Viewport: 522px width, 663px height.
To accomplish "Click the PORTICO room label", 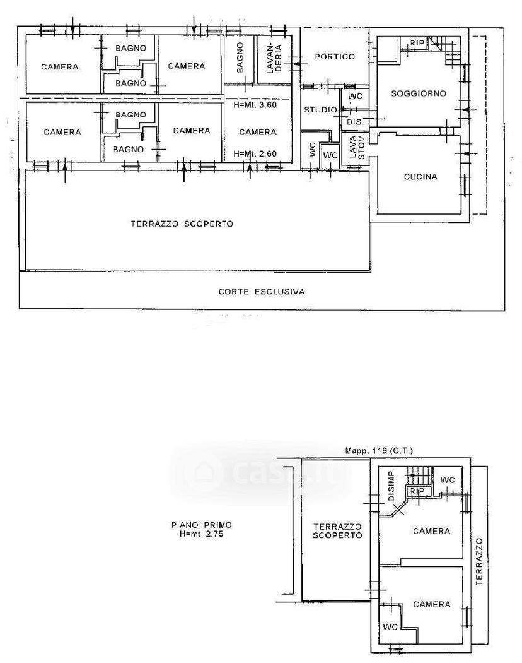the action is point(335,56).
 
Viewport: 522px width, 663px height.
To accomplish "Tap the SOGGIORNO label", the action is point(419,93).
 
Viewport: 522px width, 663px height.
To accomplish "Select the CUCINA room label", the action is point(420,177).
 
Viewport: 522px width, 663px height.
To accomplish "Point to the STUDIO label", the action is point(320,109).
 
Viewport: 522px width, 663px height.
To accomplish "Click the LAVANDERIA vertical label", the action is point(274,58).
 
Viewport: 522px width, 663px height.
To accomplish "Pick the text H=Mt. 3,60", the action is point(255,104).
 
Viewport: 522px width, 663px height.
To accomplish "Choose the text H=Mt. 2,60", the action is point(255,153).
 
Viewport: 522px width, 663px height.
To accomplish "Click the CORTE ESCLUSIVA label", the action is point(262,291).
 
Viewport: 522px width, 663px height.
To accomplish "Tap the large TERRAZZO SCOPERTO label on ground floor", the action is point(182,224).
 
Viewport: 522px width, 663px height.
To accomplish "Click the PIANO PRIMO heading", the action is point(202,525).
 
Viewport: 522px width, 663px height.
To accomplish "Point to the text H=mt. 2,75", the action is point(202,534).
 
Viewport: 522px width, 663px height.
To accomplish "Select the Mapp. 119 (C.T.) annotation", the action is point(380,451).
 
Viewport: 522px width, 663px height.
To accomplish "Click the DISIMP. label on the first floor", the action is point(391,486).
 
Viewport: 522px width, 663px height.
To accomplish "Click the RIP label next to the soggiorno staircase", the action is point(417,43).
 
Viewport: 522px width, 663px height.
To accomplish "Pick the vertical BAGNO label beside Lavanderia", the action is point(240,57).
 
